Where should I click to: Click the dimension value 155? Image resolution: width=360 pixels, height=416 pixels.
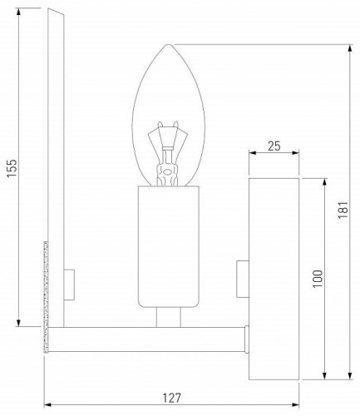pos(9,169)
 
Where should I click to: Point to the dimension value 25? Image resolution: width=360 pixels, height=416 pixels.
pos(274,146)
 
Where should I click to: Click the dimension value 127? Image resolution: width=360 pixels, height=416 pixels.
pos(171,398)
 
